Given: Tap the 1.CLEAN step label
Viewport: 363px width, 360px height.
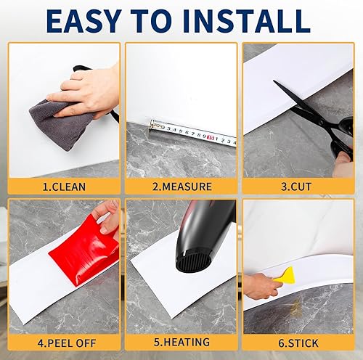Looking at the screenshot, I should point(64,187).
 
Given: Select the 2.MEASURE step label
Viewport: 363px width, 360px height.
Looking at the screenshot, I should point(181,187).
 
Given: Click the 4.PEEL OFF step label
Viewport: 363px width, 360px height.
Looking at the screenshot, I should point(64,342).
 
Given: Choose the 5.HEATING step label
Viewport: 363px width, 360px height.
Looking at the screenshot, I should point(181,342).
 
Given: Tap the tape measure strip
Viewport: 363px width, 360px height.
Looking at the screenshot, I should point(192,133).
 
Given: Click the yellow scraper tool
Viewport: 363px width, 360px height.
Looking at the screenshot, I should point(287,275).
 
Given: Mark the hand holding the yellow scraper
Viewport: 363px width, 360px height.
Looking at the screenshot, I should point(261,287).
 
